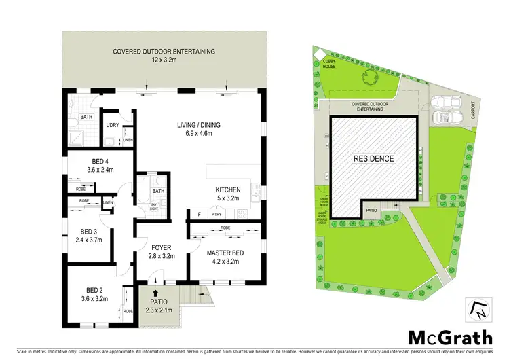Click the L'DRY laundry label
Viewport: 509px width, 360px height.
113,126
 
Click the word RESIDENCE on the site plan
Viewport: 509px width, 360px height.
373,158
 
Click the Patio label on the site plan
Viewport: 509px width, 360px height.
371,211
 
